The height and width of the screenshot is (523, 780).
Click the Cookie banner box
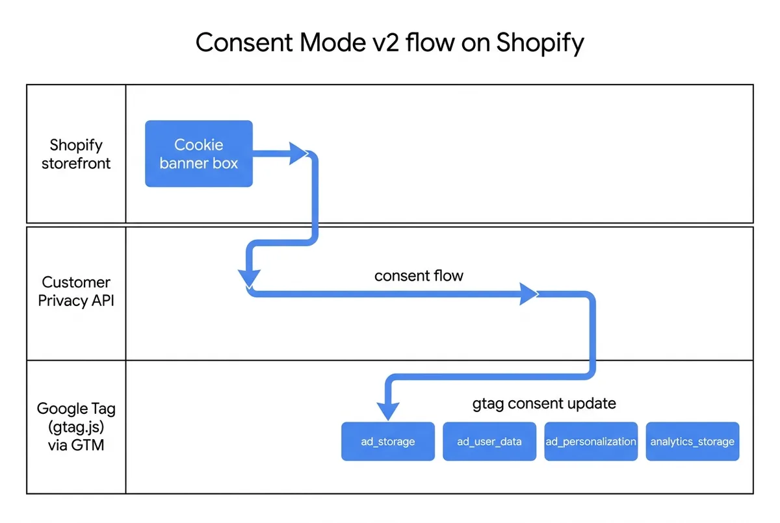click(198, 154)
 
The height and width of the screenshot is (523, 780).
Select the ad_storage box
click(388, 442)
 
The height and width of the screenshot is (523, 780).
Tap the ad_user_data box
click(489, 442)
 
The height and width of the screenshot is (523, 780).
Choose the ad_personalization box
click(591, 442)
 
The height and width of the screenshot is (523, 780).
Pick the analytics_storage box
click(692, 442)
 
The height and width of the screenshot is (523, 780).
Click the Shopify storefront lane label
click(76, 154)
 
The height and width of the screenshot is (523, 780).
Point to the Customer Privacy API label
click(76, 291)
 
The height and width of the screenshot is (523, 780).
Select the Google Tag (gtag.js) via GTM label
click(76, 427)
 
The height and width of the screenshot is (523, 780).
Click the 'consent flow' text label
click(419, 275)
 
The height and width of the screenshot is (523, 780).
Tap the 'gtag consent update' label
click(543, 403)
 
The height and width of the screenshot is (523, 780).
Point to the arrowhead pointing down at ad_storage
click(388, 411)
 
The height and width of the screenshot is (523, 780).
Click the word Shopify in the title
click(539, 43)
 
